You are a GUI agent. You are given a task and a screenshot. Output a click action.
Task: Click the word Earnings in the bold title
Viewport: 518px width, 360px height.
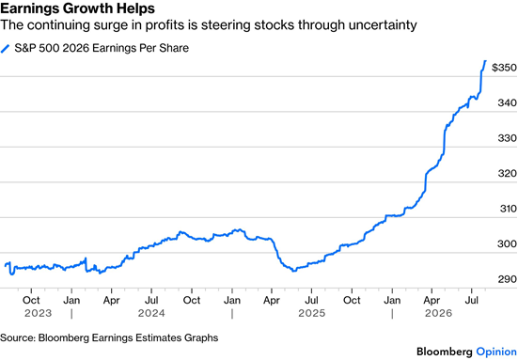tap(29, 8)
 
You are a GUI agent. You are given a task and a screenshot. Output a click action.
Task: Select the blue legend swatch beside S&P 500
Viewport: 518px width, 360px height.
tap(6, 49)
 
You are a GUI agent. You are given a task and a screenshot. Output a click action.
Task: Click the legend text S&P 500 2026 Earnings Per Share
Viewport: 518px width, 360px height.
tap(102, 48)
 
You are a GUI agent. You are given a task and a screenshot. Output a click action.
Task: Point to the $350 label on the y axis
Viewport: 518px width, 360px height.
tap(504, 68)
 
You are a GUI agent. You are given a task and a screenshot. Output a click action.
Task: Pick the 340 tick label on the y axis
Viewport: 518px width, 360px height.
tap(508, 103)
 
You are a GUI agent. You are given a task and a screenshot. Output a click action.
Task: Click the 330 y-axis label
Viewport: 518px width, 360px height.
tap(508, 138)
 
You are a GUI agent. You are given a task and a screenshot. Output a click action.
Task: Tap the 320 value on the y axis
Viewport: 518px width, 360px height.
tap(508, 173)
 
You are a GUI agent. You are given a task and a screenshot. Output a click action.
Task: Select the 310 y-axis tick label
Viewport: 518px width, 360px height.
tap(508, 209)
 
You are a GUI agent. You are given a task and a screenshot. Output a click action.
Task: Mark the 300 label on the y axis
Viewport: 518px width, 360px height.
tap(507, 244)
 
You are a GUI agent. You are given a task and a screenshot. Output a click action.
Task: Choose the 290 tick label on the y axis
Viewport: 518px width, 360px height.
tap(508, 279)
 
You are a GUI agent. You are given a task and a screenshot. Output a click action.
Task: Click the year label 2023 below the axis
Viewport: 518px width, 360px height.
tap(39, 313)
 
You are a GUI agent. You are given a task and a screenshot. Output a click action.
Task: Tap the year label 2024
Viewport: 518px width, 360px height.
tap(151, 313)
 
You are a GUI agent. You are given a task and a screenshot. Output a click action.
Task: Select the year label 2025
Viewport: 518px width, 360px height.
tap(312, 313)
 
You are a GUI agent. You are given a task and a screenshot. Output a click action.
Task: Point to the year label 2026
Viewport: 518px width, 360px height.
tap(438, 313)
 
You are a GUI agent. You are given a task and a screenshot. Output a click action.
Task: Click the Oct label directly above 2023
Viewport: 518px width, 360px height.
tap(31, 300)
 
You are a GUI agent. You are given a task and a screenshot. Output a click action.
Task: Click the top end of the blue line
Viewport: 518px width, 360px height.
tap(485, 61)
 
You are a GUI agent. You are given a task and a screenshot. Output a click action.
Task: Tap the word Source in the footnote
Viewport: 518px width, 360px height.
tap(18, 337)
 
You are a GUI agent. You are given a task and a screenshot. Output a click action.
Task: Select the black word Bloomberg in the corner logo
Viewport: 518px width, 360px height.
tap(445, 352)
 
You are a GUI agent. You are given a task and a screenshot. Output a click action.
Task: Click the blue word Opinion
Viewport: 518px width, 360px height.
tap(496, 352)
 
